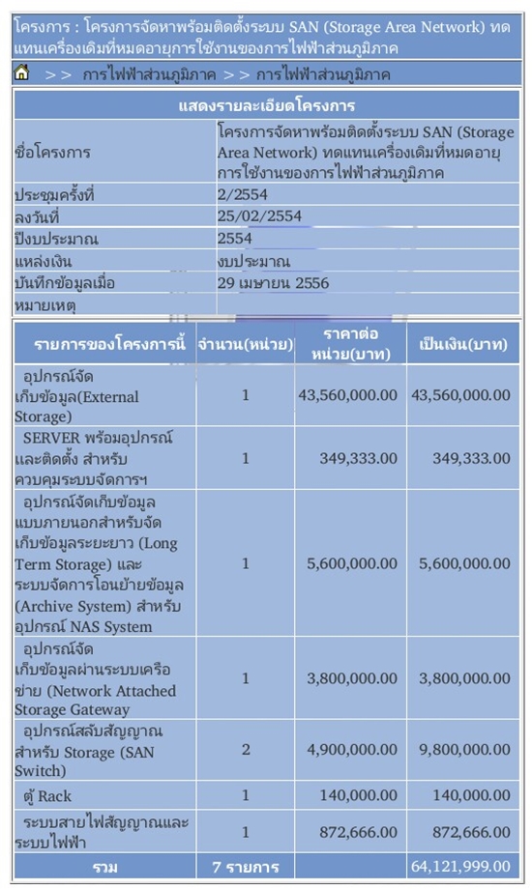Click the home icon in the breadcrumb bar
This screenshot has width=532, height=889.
tap(22, 73)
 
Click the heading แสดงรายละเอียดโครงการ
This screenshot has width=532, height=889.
tap(266, 105)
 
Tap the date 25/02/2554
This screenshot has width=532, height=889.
tap(259, 216)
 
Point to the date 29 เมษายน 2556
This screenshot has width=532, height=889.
tap(274, 283)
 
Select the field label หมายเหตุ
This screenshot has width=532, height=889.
tap(45, 305)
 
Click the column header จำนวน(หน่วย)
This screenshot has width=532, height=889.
tap(246, 344)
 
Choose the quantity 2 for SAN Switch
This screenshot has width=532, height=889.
tap(246, 751)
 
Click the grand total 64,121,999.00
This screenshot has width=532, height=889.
tap(460, 867)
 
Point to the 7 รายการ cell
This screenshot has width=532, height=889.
tap(246, 867)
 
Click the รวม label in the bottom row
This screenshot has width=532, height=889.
tap(104, 867)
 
